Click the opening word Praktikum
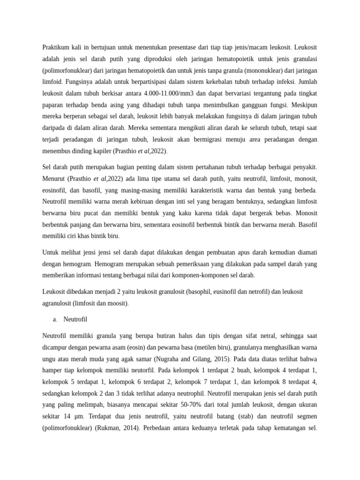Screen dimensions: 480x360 pos(56,47)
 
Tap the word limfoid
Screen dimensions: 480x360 pos(53,82)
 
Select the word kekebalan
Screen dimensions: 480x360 pos(208,82)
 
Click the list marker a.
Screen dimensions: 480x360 pos(55,319)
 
